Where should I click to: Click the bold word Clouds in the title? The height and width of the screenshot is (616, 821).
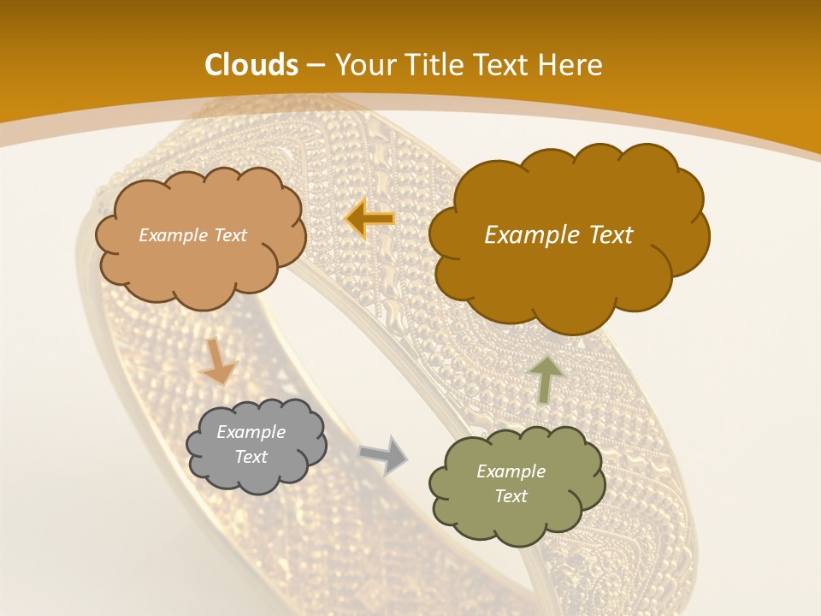click(251, 65)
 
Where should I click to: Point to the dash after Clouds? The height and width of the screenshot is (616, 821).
click(315, 66)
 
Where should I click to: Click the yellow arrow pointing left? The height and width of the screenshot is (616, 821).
click(369, 219)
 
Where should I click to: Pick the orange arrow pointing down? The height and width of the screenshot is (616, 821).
click(219, 361)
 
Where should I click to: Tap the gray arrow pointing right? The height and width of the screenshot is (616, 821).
click(383, 454)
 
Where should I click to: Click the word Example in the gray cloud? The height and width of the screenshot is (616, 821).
click(251, 432)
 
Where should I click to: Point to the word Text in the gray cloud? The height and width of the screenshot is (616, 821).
click(251, 457)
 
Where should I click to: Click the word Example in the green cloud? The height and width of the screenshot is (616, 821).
click(511, 471)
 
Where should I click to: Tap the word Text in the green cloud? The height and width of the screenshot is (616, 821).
click(511, 496)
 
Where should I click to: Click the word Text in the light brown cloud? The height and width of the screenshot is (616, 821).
click(228, 235)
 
